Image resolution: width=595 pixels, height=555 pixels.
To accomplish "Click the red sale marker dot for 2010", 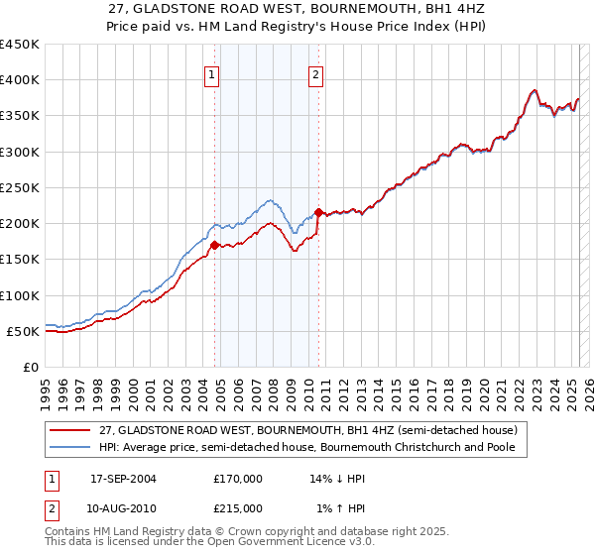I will pos(318,212).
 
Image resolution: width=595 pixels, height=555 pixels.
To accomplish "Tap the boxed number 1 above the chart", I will pos(212,73).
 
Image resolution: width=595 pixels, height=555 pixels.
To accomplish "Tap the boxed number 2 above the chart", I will pos(315,73).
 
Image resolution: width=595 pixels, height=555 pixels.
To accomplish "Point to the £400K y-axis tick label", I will pos(20,80).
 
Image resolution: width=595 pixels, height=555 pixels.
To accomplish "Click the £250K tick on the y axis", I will pos(20,187).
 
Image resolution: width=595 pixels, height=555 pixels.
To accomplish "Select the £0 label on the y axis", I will pos(30,367).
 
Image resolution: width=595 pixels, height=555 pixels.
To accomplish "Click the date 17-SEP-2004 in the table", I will pos(123,478).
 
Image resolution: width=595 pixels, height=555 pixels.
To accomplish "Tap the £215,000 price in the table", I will pos(238,507).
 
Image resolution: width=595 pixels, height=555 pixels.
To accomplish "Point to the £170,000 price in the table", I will pos(238,478).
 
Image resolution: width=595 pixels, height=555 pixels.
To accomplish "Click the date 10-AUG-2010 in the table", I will pos(123,507).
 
